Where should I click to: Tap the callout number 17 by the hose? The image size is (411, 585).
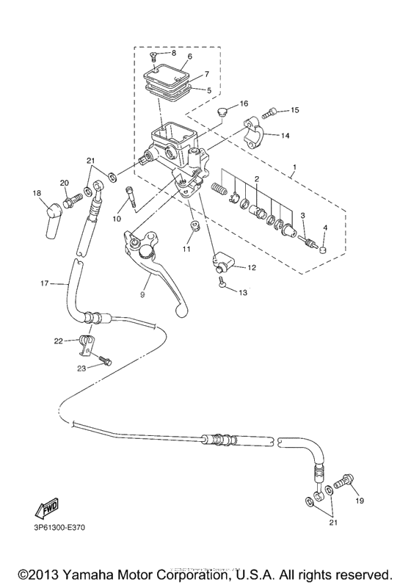tap(44, 283)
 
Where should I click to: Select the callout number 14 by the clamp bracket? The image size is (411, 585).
tap(285, 136)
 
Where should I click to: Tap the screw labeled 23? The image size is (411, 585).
tap(107, 360)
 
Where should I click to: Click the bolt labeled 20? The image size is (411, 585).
tap(73, 198)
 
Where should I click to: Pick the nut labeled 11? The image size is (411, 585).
tap(194, 227)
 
